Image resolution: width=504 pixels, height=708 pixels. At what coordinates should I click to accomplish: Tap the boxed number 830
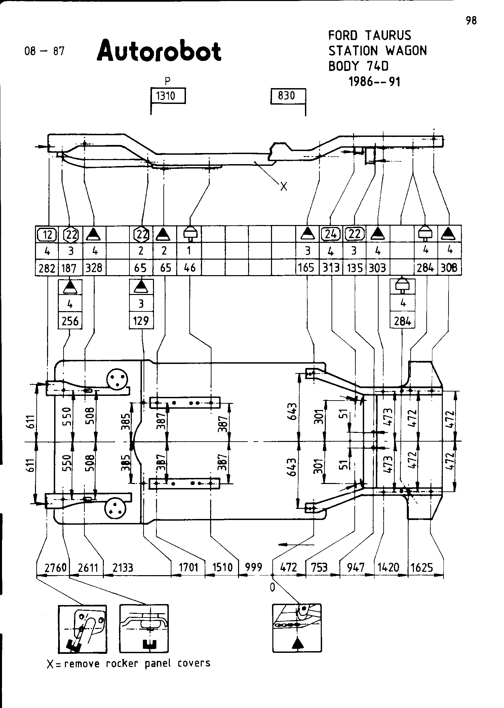(287, 96)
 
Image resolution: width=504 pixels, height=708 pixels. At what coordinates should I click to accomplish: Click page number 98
(471, 21)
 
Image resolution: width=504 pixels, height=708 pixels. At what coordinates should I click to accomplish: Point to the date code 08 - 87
(44, 51)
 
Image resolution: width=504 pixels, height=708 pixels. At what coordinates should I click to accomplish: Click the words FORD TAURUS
(370, 35)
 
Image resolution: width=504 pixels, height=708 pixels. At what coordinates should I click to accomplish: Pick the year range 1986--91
(375, 82)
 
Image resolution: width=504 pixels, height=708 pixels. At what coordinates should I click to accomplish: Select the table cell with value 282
(47, 268)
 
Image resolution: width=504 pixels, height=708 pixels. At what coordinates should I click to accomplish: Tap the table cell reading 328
(94, 268)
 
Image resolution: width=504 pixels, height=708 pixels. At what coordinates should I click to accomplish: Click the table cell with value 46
(190, 268)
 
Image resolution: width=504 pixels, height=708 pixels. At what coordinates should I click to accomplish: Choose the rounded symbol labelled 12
(47, 234)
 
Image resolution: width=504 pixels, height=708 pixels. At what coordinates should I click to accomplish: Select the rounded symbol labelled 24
(331, 234)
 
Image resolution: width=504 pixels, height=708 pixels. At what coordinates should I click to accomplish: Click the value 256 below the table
(70, 321)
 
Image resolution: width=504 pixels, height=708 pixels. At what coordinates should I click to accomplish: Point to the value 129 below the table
(141, 321)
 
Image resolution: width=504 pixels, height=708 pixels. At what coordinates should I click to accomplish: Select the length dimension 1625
(422, 568)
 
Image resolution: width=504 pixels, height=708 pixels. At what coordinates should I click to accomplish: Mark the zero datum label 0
(272, 587)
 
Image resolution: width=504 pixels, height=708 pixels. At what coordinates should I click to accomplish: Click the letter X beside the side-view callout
(284, 187)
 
